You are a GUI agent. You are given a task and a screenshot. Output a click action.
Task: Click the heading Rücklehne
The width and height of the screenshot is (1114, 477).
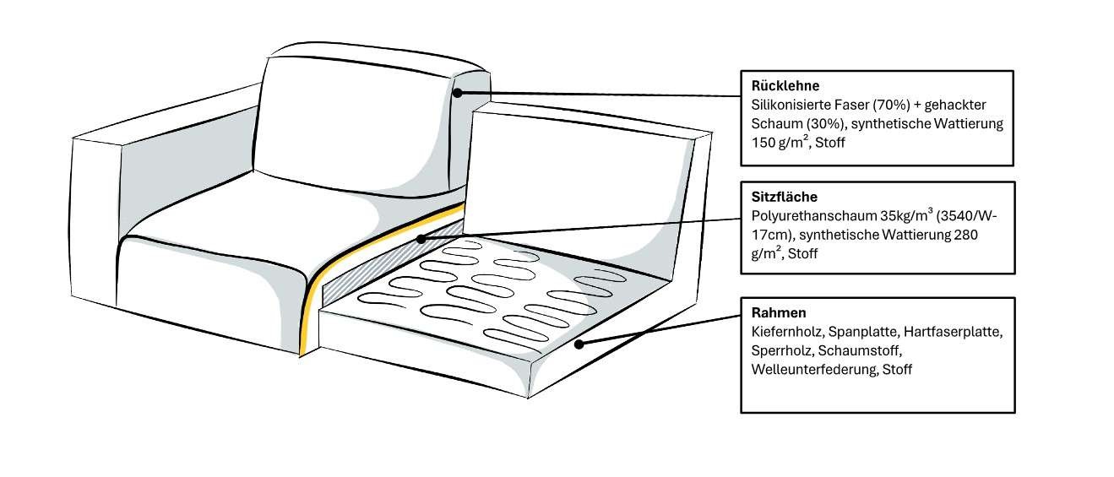click(x=785, y=85)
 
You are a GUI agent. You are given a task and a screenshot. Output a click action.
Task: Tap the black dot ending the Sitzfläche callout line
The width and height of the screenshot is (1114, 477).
click(x=421, y=240)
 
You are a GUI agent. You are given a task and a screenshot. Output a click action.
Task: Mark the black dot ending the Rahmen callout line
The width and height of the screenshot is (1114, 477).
click(x=579, y=344)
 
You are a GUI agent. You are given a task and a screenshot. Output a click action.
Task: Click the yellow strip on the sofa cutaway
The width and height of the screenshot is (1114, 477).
click(x=310, y=295)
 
